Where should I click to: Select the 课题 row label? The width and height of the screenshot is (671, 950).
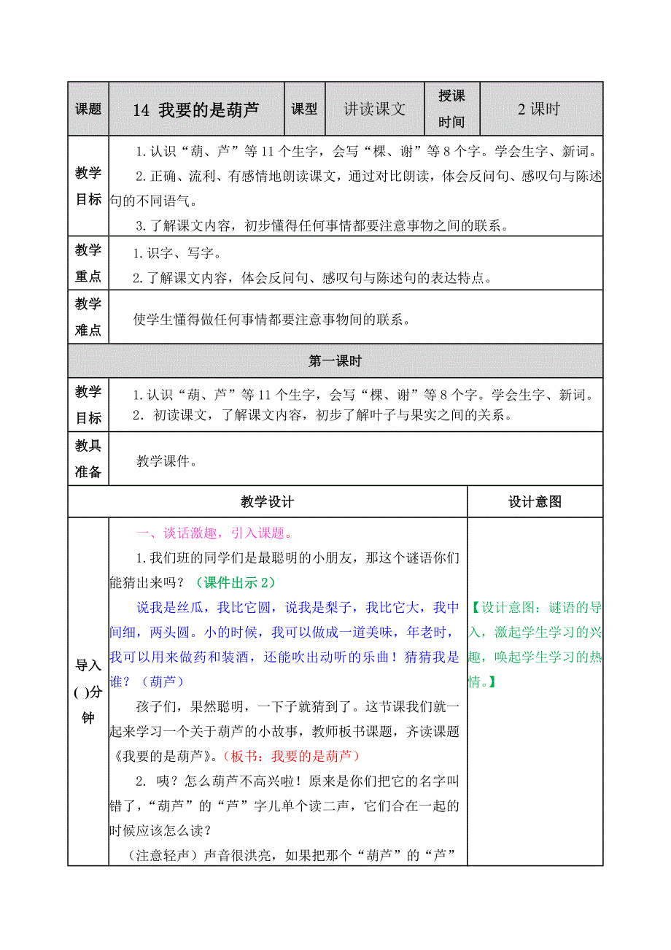[x=88, y=109]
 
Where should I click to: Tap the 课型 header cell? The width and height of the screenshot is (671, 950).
[x=304, y=109]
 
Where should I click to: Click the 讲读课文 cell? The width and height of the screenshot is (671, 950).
[x=374, y=109]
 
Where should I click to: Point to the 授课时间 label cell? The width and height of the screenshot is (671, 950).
[x=451, y=109]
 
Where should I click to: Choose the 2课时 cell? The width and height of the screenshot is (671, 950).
[x=539, y=109]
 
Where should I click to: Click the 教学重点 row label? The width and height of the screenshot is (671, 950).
[x=88, y=263]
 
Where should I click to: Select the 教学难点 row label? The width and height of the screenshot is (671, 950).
[x=88, y=317]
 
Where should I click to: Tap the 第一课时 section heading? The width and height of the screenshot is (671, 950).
[x=335, y=361]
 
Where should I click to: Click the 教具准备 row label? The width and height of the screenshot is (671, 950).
[x=88, y=459]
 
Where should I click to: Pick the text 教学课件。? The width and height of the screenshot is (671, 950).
[x=167, y=461]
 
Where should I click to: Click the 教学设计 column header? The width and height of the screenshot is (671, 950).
[x=267, y=502]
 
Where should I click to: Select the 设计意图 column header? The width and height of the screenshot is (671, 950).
[x=535, y=502]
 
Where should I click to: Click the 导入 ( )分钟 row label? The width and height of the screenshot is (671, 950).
[x=88, y=692]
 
